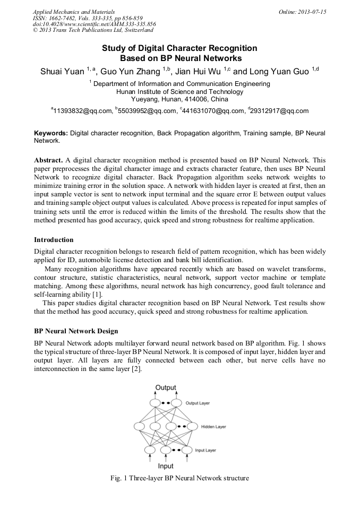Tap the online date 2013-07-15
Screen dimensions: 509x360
tap(311, 11)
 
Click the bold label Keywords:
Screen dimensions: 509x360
tap(51, 134)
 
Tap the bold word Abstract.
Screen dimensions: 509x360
tap(48, 160)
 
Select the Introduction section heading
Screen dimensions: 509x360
tap(54, 240)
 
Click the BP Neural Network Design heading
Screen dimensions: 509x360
tap(76, 331)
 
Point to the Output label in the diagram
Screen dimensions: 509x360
tap(166, 387)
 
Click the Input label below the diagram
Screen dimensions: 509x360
tap(166, 466)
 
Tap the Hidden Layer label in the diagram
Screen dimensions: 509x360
tap(213, 426)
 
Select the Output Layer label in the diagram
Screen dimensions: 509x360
tap(198, 403)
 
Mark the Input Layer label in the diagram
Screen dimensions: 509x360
tap(205, 450)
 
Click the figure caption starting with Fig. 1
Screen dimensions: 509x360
tap(179, 478)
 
